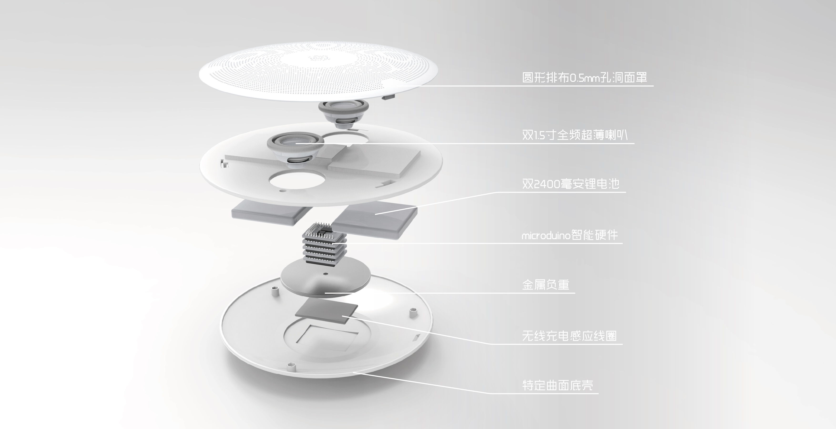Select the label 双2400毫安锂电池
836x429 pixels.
pyautogui.click(x=571, y=184)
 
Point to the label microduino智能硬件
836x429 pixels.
pyautogui.click(x=569, y=235)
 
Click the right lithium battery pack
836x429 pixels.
pyautogui.click(x=375, y=218)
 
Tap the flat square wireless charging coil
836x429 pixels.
pyautogui.click(x=326, y=312)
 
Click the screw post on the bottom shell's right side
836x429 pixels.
pyautogui.click(x=413, y=313)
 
